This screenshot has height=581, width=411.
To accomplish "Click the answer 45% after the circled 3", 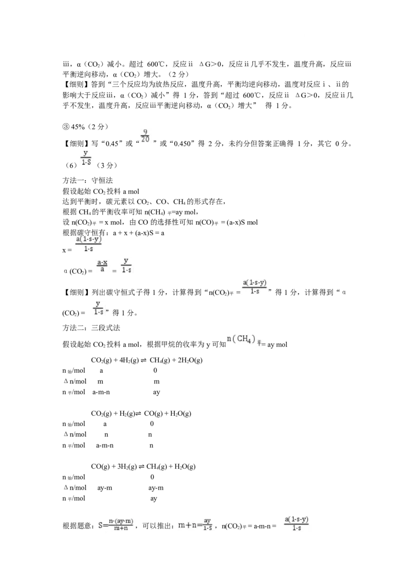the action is (78, 127).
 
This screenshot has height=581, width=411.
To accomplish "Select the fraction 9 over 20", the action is (145, 136).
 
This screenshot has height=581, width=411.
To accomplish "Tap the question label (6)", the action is (71, 165).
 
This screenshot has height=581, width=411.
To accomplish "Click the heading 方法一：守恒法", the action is (88, 181).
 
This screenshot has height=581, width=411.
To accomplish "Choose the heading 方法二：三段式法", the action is (91, 328).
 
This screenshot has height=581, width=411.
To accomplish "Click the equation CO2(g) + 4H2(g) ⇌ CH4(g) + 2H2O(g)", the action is (147, 360).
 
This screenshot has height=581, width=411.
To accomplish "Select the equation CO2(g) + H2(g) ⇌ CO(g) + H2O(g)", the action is (141, 414).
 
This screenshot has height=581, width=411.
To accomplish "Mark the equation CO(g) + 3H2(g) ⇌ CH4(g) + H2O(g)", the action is (143, 467).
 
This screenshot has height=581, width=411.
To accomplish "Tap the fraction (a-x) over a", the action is (102, 266).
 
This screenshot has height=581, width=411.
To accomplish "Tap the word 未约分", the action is (239, 144).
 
